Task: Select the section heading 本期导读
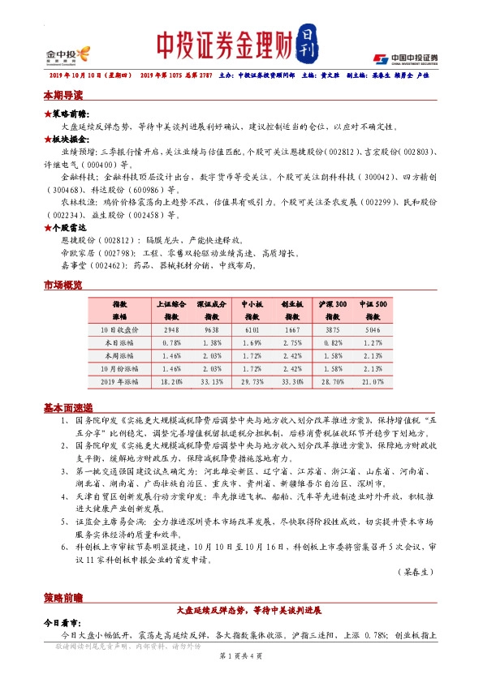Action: [63, 96]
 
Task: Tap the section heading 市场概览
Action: [63, 286]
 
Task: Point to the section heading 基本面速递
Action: [67, 408]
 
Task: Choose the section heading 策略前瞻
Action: [63, 598]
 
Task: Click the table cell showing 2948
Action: [171, 331]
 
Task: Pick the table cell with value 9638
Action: [211, 331]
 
